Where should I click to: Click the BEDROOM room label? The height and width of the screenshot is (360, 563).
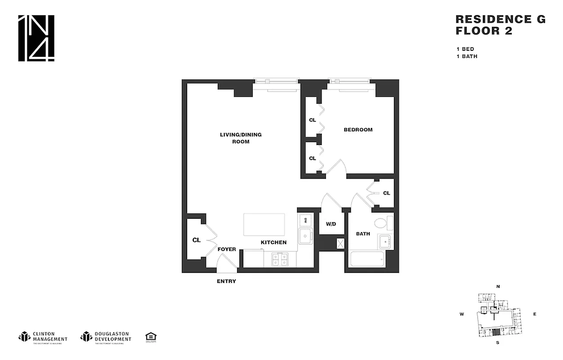358,130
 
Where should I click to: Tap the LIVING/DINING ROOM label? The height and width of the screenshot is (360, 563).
241,138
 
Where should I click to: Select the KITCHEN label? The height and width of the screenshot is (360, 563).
273,243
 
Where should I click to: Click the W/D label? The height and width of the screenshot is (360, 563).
331,224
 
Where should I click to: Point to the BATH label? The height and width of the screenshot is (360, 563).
363,234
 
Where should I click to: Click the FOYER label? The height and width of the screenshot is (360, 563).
227,249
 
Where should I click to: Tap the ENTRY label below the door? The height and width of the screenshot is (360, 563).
226,281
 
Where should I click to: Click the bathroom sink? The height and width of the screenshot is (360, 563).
385,242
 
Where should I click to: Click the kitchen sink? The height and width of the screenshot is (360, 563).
306,236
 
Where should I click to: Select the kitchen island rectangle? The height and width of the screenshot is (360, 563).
264,225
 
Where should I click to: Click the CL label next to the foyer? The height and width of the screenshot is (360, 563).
196,240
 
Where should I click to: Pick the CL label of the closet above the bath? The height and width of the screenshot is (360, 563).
386,193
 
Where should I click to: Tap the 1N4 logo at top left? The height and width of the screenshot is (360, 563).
36,38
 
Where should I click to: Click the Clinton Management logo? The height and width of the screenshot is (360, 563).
43,337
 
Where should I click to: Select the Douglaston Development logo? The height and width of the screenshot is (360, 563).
106,337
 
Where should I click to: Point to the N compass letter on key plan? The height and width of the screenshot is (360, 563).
498,287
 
